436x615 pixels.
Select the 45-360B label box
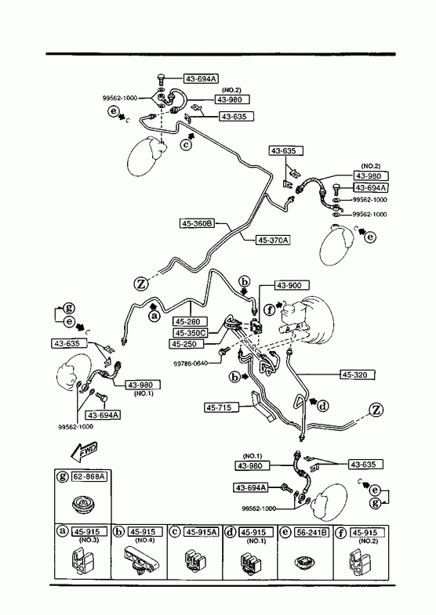pyautogui.click(x=197, y=223)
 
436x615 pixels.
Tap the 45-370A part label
pyautogui.click(x=273, y=240)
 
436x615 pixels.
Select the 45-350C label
pyautogui.click(x=191, y=333)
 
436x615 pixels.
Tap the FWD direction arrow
pyautogui.click(x=84, y=452)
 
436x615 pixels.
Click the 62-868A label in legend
pyautogui.click(x=89, y=477)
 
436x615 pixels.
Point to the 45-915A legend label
pyautogui.click(x=202, y=532)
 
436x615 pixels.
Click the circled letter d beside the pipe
pyautogui.click(x=323, y=407)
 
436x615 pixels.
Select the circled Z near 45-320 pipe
pyautogui.click(x=376, y=411)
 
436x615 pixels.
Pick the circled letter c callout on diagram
pyautogui.click(x=187, y=145)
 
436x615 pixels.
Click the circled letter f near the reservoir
pyautogui.click(x=269, y=310)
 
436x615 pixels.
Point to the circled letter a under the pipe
pyautogui.click(x=155, y=316)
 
